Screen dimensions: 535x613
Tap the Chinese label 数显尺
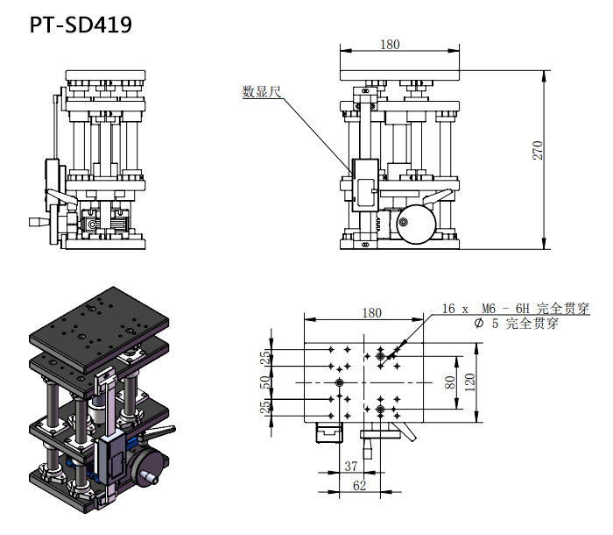click(260, 90)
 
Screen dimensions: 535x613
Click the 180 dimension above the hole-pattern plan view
click(371, 313)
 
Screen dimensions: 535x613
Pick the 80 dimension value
click(450, 382)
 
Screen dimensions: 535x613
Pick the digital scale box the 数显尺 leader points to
click(363, 184)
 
